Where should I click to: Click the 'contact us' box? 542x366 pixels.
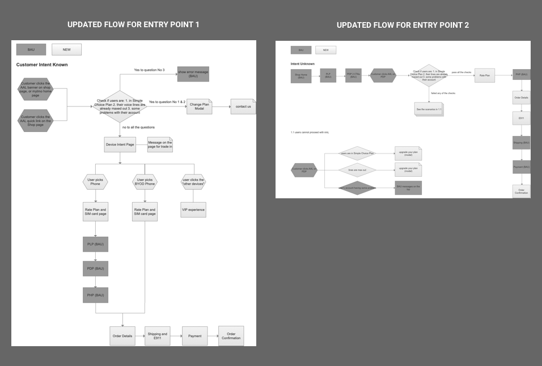click(x=243, y=107)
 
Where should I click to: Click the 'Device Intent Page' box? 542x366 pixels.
click(x=120, y=144)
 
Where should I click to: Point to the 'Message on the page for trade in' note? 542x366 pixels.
click(x=160, y=145)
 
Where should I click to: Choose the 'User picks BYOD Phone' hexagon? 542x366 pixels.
click(x=145, y=182)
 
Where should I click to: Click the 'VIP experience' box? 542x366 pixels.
click(x=193, y=209)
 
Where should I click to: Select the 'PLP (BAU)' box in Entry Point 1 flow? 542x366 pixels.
click(x=95, y=244)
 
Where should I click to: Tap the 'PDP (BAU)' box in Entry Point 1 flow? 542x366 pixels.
click(x=95, y=269)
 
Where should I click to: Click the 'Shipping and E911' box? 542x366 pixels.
click(x=158, y=336)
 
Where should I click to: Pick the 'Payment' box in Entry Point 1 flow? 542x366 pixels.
click(x=194, y=336)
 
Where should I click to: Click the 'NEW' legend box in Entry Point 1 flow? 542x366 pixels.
click(x=66, y=50)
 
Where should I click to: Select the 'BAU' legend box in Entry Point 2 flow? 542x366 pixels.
click(x=301, y=50)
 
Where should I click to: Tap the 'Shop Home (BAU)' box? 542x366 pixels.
click(x=301, y=76)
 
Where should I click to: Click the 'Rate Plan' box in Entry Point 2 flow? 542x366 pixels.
click(x=485, y=75)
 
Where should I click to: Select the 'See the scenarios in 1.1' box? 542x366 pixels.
click(x=429, y=109)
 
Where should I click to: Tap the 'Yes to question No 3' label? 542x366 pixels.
click(x=149, y=70)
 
